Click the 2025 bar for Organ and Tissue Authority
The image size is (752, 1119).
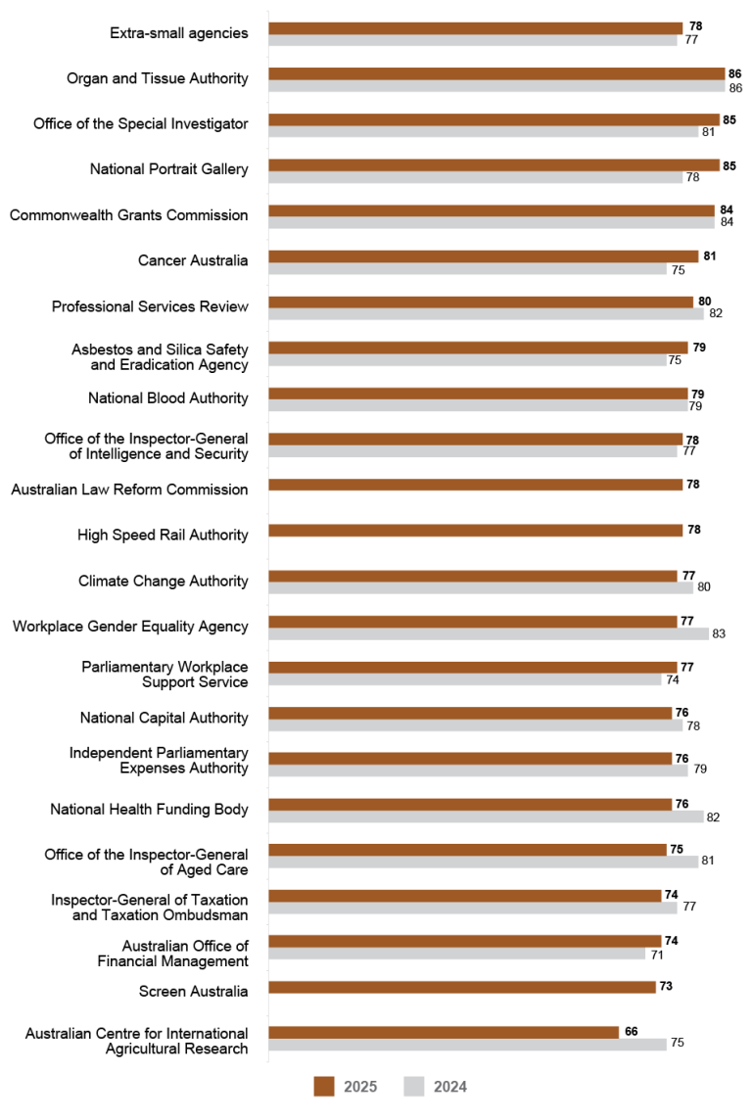coord(496,73)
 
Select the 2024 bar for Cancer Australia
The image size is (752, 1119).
coord(468,268)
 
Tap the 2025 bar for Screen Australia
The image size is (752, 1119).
coord(461,987)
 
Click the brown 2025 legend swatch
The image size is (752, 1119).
coord(324,1086)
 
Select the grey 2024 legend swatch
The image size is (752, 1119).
coord(415,1086)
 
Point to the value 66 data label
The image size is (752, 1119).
coord(632,1032)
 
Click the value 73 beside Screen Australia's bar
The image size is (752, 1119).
coord(666,986)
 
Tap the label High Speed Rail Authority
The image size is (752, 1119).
coord(163,535)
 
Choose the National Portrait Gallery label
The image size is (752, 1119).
coord(168,169)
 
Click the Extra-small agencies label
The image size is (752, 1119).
coord(179,33)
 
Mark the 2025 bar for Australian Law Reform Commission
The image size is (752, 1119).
coord(475,485)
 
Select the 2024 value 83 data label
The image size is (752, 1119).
coord(719,633)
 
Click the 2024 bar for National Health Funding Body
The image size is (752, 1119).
coord(486,816)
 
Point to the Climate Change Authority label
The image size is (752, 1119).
coord(164,581)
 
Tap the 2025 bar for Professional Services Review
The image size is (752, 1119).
coord(481,302)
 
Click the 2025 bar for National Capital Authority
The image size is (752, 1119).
coord(470,713)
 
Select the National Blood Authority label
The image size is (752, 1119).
coord(168,398)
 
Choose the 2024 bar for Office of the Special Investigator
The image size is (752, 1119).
coord(483,131)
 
